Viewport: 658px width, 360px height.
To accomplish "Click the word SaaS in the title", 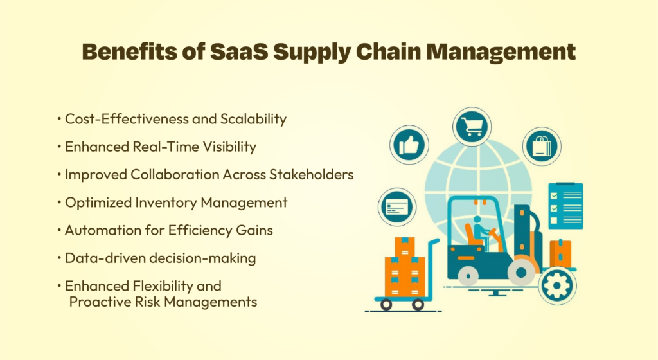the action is [x=239, y=51].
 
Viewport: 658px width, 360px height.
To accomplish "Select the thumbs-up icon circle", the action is [x=409, y=145].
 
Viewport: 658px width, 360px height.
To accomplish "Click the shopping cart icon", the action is [x=472, y=126].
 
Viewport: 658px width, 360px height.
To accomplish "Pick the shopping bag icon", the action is [x=542, y=146].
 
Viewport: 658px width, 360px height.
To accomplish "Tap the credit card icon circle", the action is [x=397, y=207].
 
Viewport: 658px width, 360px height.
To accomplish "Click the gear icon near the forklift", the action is [x=557, y=285].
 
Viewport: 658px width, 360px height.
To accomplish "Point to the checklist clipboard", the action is [x=565, y=206].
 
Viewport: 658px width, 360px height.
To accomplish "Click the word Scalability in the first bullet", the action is [x=253, y=119].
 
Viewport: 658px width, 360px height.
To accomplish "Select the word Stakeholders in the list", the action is [x=312, y=175].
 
